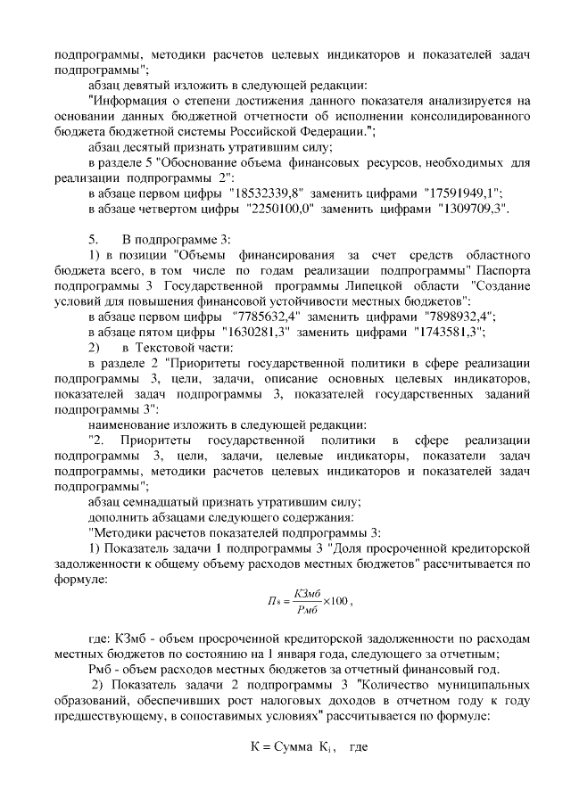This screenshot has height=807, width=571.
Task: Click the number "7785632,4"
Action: [x=266, y=317]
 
